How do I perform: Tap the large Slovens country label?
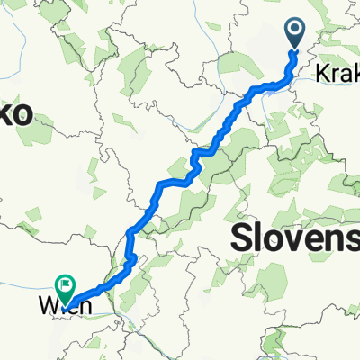(295, 238)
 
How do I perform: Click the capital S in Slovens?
(244, 238)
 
